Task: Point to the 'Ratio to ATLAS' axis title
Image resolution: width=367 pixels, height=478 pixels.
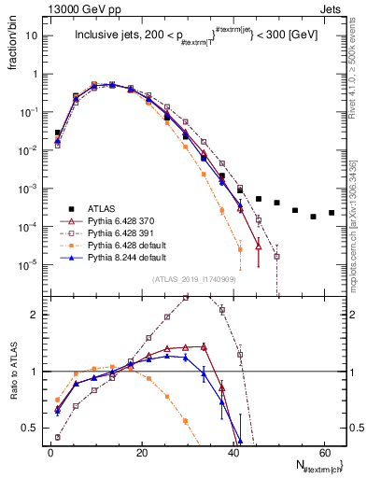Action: (x=12, y=371)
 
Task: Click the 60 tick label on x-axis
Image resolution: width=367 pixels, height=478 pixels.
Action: (x=323, y=451)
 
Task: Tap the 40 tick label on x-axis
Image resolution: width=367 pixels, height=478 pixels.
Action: (x=233, y=451)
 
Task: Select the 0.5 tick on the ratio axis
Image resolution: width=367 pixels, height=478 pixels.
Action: (x=32, y=428)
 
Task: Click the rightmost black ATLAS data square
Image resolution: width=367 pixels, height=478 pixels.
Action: (x=331, y=213)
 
